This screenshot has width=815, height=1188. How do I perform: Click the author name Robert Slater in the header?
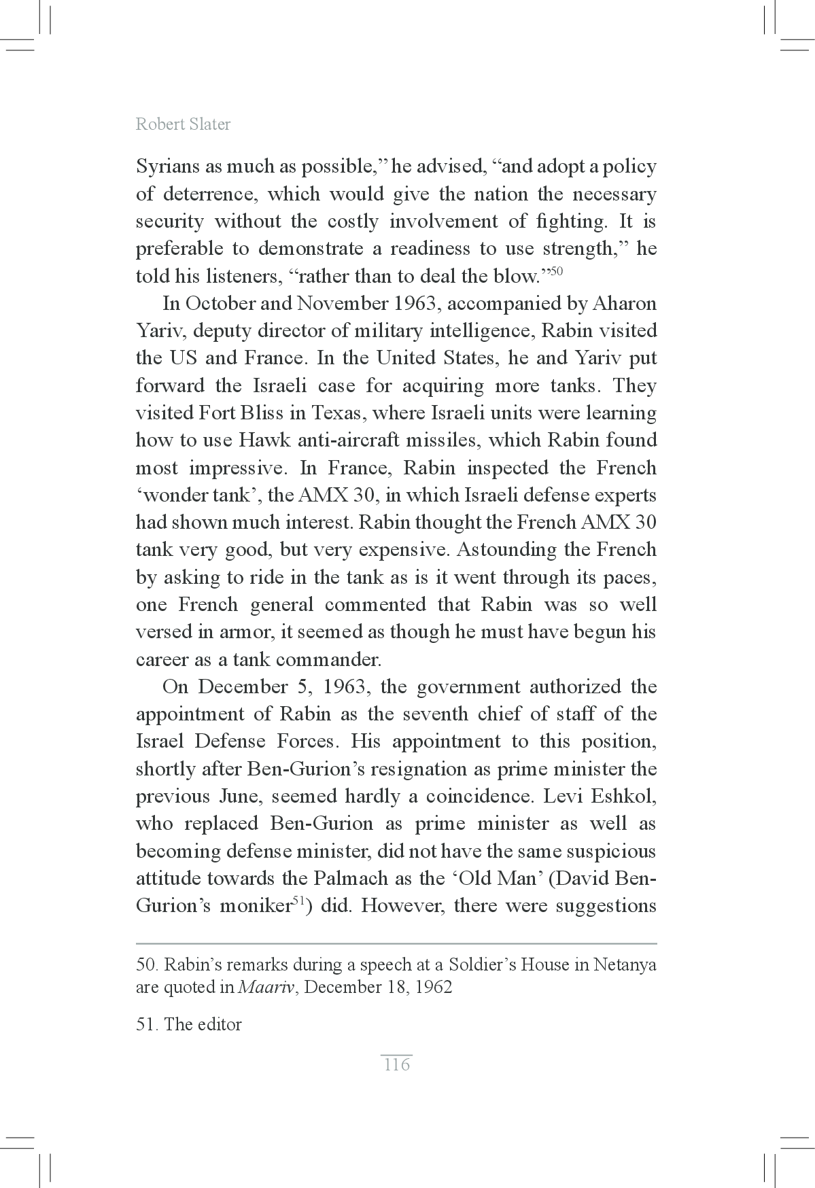pyautogui.click(x=183, y=124)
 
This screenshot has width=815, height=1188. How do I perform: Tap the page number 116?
pyautogui.click(x=396, y=1064)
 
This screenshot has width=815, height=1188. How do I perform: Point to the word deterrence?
pyautogui.click(x=209, y=195)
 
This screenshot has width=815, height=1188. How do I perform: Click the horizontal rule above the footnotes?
pyautogui.click(x=396, y=943)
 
